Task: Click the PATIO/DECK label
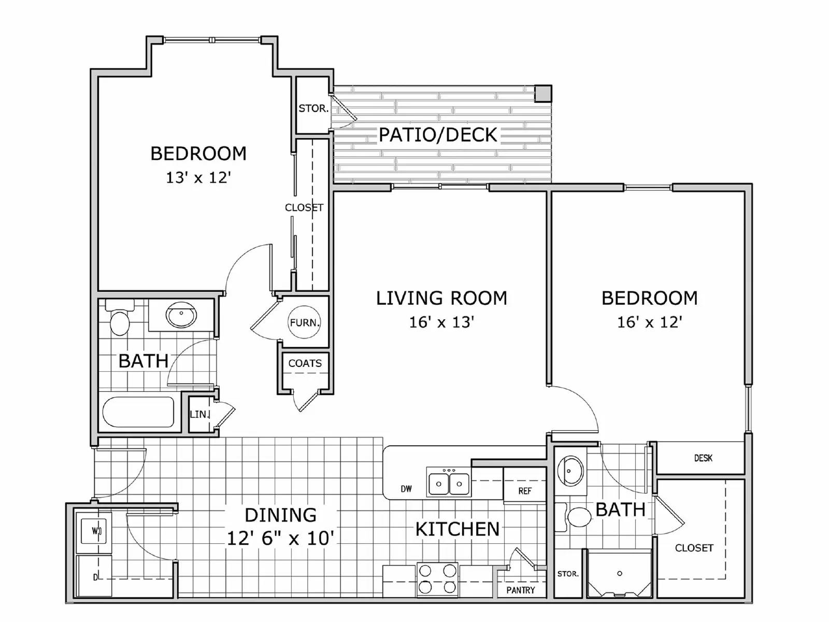[x=438, y=135]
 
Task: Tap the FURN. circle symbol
[x=305, y=322]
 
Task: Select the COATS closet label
[x=305, y=363]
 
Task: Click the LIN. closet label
[x=199, y=414]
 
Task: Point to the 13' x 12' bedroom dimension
[x=198, y=178]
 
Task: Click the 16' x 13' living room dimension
[x=441, y=322]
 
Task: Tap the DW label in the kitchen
[x=406, y=489]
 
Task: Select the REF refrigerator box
[x=524, y=490]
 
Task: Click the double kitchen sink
[x=449, y=484]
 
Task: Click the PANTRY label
[x=520, y=590]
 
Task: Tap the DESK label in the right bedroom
[x=703, y=458]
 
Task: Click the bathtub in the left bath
[x=138, y=412]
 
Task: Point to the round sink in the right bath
[x=570, y=471]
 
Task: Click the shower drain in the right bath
[x=620, y=573]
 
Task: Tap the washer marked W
[x=94, y=531]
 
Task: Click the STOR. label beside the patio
[x=313, y=109]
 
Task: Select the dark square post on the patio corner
[x=543, y=93]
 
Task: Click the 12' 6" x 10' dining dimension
[x=280, y=538]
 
